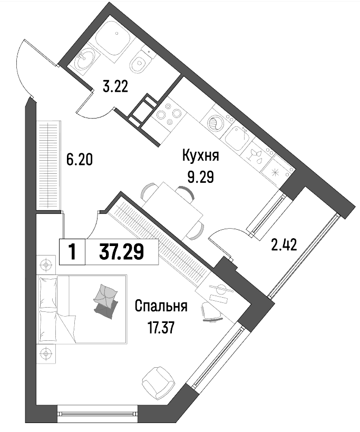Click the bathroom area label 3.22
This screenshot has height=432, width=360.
[x=115, y=87]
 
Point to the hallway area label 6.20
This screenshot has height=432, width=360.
[x=79, y=160]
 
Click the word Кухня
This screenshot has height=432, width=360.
[x=201, y=156]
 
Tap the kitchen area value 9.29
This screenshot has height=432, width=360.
[x=201, y=178]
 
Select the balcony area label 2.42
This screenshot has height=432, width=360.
[x=284, y=245]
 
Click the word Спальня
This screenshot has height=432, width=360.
[x=161, y=306]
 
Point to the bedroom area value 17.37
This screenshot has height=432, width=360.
[x=161, y=328]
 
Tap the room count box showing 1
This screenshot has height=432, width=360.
[x=72, y=252]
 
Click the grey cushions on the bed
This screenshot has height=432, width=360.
[x=106, y=301]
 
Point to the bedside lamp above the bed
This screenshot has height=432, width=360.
[x=46, y=265]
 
